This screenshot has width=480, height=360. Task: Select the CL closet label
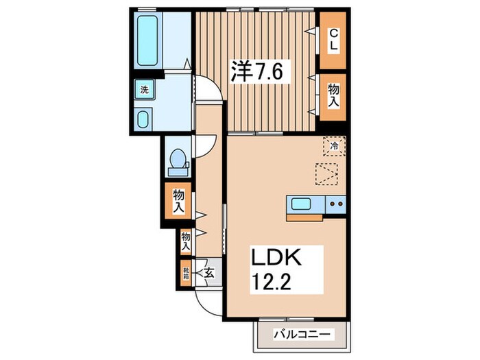(x=333, y=38)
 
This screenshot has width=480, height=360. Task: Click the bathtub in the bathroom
(x=147, y=42)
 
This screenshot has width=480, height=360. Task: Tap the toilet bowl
(x=178, y=160)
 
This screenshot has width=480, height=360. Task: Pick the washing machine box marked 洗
(x=145, y=90)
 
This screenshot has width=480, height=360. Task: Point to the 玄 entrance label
(x=210, y=273)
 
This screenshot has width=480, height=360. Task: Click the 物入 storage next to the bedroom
(x=333, y=96)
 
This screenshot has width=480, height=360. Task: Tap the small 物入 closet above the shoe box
(x=186, y=239)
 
